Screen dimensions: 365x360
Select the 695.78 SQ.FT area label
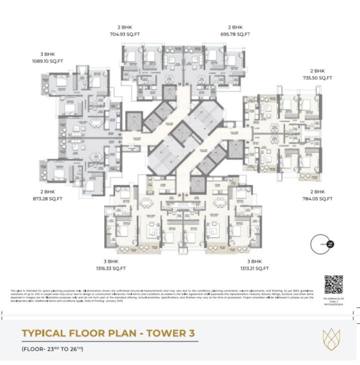(x=235, y=34)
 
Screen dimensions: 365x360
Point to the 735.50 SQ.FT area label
(x=317, y=78)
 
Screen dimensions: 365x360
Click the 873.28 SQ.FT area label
(x=48, y=199)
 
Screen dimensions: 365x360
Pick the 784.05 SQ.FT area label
(x=317, y=199)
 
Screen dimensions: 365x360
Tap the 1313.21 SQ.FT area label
(x=254, y=268)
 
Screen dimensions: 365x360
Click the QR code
(x=333, y=285)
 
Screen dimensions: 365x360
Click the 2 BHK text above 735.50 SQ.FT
(x=317, y=71)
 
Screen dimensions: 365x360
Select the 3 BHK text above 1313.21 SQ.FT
(x=254, y=261)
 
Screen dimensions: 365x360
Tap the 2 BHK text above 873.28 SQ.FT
(x=48, y=192)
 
